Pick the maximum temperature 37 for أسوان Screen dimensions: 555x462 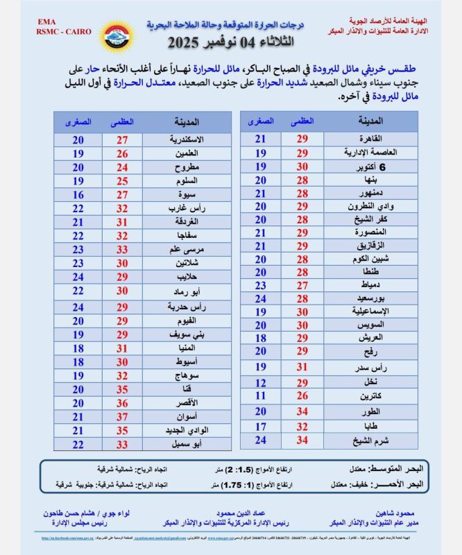click(121, 416)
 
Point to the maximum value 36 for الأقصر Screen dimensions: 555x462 click(121, 402)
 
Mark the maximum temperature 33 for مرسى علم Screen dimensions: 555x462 click(121, 249)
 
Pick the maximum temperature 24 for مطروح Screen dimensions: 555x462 click(121, 166)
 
